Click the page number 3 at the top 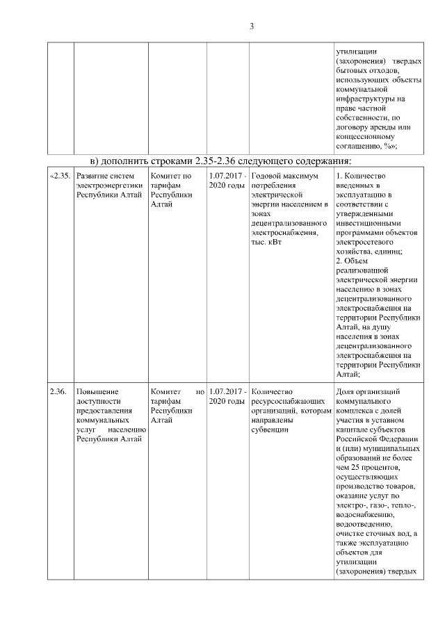(252, 26)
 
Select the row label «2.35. (60, 177)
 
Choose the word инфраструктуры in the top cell (365, 99)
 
